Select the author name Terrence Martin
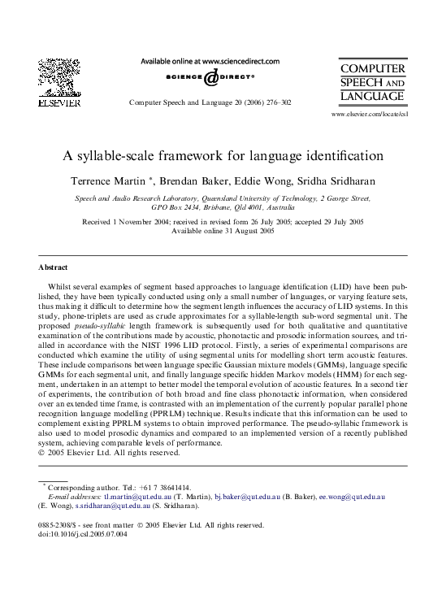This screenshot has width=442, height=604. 134,178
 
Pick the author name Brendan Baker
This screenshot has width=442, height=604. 215,178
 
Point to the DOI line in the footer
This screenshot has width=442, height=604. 77,535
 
